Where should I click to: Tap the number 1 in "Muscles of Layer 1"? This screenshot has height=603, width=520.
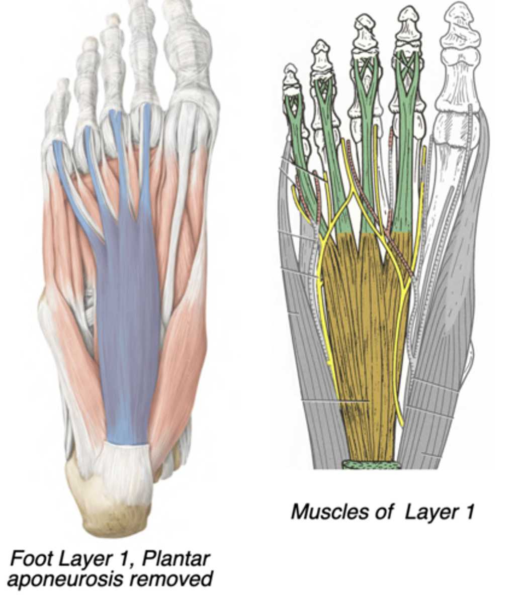tap(469, 512)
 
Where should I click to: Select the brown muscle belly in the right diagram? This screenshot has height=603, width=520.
tap(362, 327)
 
